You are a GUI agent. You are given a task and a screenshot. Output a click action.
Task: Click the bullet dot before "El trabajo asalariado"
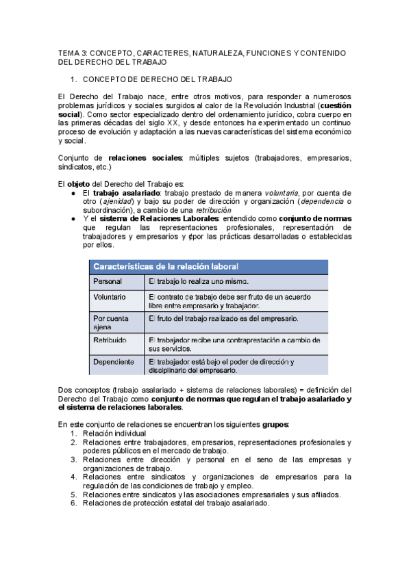coord(73,194)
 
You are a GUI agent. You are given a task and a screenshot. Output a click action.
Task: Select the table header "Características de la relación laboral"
coord(166,265)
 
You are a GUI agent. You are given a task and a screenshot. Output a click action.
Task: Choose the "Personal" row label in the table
coord(108,281)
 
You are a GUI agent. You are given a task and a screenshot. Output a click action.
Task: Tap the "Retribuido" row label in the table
coord(110,339)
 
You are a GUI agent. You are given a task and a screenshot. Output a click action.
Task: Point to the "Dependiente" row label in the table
coord(113,361)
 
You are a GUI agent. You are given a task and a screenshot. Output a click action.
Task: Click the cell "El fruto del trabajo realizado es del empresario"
coord(223,318)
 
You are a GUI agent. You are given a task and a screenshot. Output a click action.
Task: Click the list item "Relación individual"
coord(114,433)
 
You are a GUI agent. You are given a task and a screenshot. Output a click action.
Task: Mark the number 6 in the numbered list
coord(74,503)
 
